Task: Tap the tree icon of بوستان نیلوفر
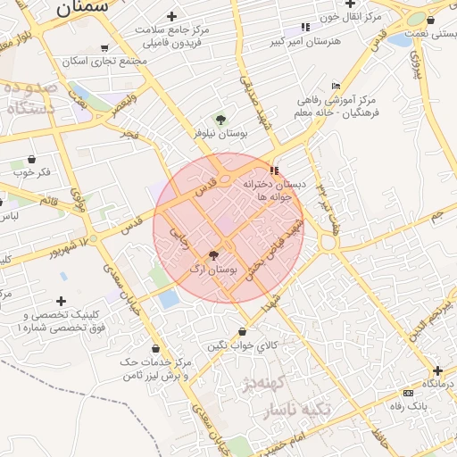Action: click(x=220, y=118)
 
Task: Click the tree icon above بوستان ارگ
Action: click(x=212, y=255)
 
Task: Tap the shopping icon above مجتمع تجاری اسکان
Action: click(x=105, y=48)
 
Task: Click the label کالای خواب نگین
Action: click(x=243, y=345)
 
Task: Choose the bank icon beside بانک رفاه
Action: click(x=409, y=393)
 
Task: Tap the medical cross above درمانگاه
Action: click(x=437, y=370)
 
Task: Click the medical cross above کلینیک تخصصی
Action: click(x=61, y=302)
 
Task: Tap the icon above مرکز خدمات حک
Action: click(x=157, y=349)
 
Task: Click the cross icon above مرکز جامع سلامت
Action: click(x=171, y=17)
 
